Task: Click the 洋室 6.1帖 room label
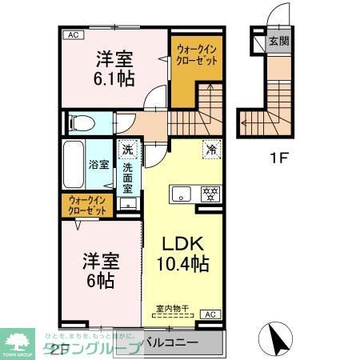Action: point(115,68)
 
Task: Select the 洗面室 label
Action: point(127,174)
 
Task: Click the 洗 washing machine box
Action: point(127,148)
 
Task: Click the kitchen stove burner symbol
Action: point(210,193)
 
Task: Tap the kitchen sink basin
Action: point(181,193)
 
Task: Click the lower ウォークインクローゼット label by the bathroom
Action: point(87,205)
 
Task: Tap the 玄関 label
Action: point(278,42)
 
